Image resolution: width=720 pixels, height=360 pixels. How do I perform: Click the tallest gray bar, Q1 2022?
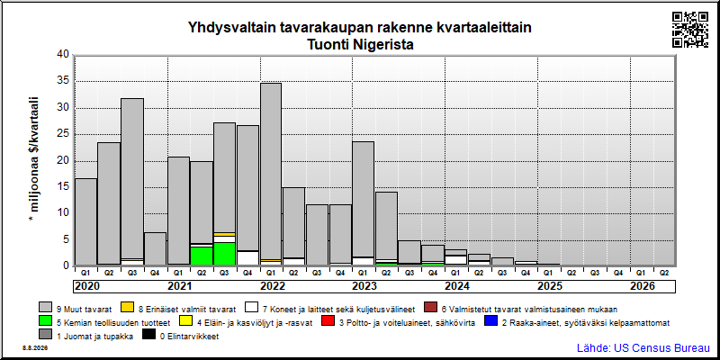(x=271, y=171)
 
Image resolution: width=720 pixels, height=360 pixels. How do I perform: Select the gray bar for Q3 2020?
(x=132, y=178)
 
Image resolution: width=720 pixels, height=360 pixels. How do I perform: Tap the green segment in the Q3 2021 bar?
(x=224, y=254)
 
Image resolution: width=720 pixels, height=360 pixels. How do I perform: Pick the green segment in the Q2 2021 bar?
(x=202, y=256)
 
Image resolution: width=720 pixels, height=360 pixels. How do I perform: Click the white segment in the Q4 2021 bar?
(x=248, y=257)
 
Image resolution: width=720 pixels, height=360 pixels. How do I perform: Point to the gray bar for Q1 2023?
(x=364, y=199)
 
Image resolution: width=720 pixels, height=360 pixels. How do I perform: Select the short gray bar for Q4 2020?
(x=155, y=248)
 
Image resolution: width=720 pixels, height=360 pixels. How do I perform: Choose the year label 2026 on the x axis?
(x=643, y=286)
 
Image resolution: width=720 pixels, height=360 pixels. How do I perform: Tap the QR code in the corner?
(x=690, y=30)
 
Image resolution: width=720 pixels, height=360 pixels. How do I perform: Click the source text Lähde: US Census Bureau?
(x=643, y=347)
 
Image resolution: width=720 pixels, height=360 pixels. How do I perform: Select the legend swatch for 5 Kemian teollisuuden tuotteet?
(x=46, y=322)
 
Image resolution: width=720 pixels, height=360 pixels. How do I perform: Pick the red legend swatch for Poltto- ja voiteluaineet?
(x=328, y=322)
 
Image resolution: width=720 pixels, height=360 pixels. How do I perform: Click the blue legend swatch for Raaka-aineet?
(x=491, y=322)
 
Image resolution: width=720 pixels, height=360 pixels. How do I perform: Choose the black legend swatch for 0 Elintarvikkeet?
(x=148, y=336)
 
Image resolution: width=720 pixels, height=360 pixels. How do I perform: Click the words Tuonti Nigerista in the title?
(x=359, y=46)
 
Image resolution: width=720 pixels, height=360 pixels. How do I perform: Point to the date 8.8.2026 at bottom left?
(x=34, y=348)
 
